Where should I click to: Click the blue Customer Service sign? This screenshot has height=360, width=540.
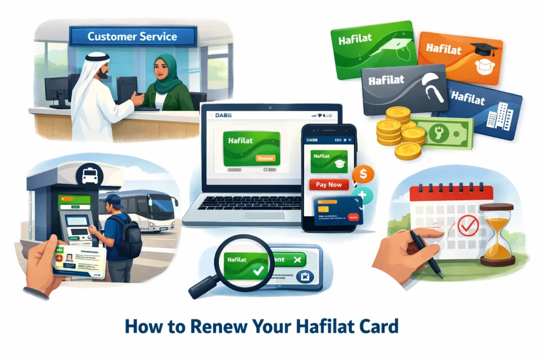(133, 37)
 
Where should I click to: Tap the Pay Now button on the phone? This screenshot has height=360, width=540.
(328, 184)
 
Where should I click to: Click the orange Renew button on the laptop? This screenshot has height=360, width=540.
(265, 158)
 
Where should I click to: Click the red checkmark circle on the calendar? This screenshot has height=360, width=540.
(467, 226)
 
